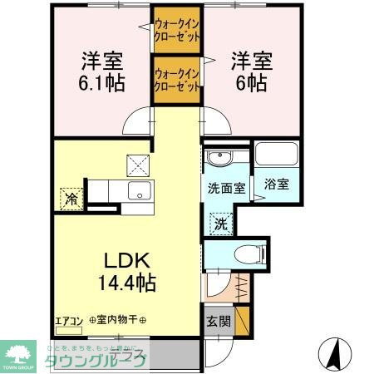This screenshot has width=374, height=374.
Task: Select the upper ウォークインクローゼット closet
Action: pos(176,31)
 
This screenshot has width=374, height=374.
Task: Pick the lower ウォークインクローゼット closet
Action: pos(176,79)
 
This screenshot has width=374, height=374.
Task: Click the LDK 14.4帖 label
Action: pos(126,270)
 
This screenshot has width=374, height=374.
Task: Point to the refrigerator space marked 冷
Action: pos(71,199)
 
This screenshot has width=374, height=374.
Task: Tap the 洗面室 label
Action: pos(225,188)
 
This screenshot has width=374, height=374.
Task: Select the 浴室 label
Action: pos(277,185)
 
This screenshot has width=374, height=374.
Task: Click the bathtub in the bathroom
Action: pos(277,155)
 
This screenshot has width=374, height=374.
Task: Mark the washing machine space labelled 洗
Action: pos(221,222)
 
